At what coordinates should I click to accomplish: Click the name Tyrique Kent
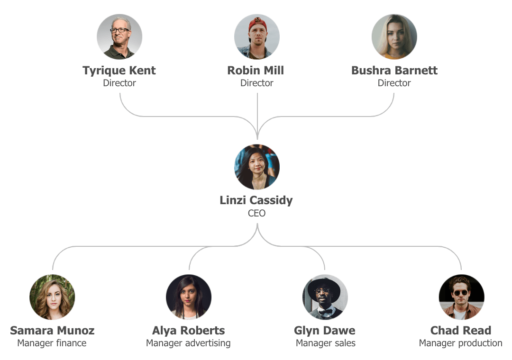coord(119,71)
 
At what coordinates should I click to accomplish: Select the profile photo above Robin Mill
coord(256,36)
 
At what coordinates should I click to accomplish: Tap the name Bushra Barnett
coord(394,71)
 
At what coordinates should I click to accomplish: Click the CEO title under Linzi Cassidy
coord(256,213)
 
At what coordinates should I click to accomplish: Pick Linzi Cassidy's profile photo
coord(256,167)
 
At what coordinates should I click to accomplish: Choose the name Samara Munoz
coord(52,330)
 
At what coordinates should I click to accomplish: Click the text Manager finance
coord(52,343)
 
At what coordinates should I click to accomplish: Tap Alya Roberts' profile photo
coord(189,297)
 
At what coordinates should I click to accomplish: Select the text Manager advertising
coord(188,343)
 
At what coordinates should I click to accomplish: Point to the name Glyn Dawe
coord(324,330)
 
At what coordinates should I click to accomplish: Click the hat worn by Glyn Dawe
coord(324,285)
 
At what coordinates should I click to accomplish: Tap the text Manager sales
coord(325,343)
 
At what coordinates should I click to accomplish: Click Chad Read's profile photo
coord(461,297)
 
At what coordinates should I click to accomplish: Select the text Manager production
coord(460,343)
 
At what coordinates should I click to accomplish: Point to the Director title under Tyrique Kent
coord(119,83)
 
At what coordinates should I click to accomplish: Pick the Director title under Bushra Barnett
coord(394,83)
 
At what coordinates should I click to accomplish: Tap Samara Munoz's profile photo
coord(52,297)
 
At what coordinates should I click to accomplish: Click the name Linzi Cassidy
coord(256,200)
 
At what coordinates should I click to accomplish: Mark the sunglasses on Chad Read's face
coord(460,293)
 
